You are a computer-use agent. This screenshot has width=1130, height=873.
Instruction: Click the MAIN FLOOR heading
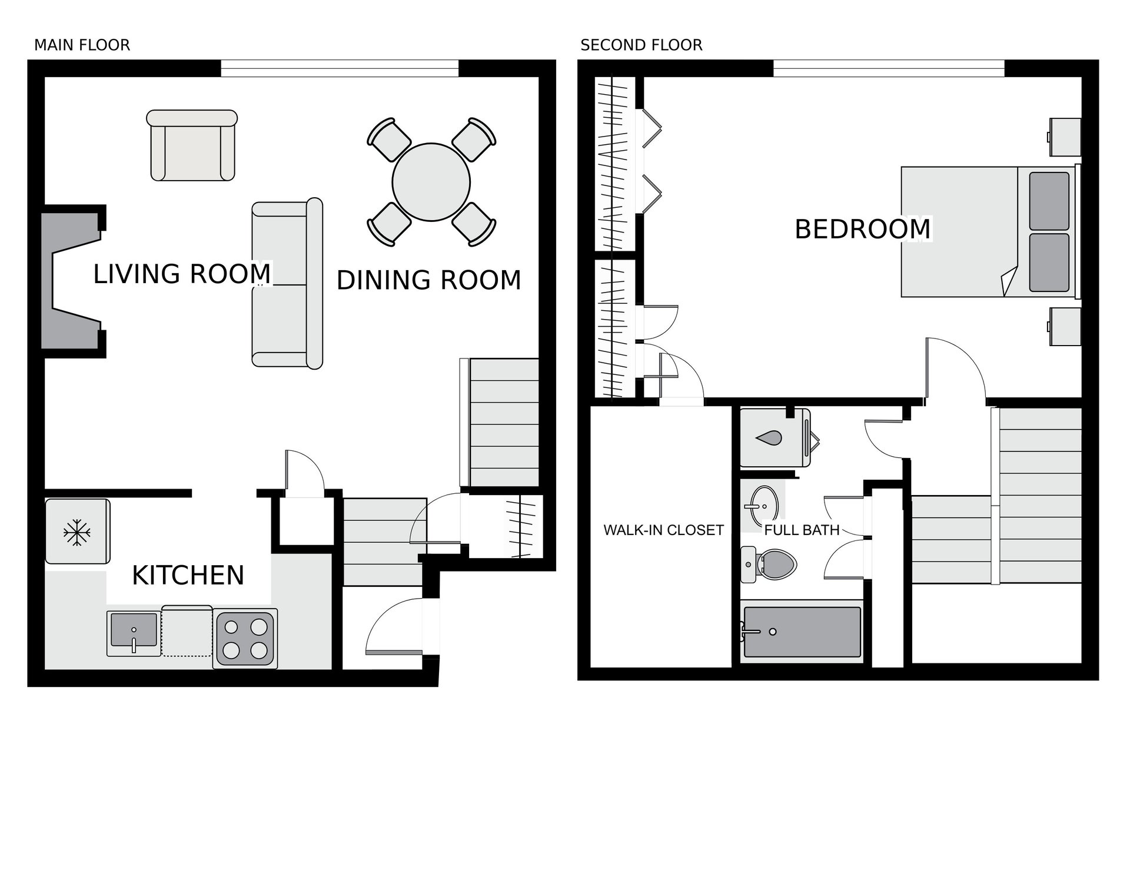click(82, 45)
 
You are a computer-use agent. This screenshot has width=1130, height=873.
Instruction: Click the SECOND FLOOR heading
click(641, 45)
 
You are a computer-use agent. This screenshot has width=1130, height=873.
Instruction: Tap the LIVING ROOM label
click(182, 274)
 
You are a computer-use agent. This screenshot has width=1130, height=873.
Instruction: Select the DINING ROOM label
click(428, 280)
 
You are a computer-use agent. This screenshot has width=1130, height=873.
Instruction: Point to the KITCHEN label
click(188, 575)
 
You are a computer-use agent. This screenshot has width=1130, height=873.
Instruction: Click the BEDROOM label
click(862, 228)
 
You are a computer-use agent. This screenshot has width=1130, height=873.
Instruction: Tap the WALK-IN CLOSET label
click(663, 530)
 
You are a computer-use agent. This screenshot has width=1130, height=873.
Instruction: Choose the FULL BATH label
click(802, 530)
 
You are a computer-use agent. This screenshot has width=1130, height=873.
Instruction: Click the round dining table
click(431, 182)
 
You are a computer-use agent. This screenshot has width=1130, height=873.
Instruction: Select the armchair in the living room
click(192, 145)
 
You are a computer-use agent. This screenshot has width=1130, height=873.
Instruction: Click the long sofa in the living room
click(287, 283)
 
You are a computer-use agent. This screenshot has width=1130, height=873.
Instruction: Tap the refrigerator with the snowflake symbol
click(78, 532)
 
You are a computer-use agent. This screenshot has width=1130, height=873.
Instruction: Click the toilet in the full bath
click(768, 565)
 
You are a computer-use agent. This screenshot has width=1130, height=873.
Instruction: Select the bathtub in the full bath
click(802, 632)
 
